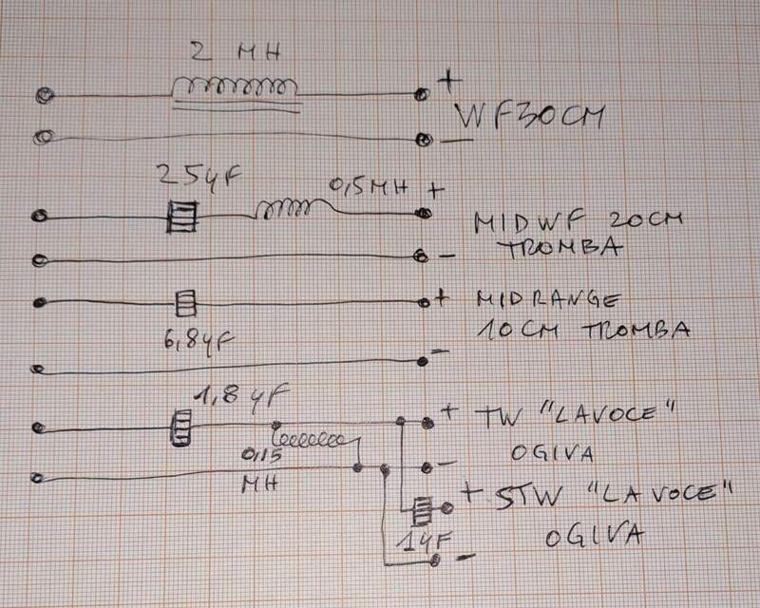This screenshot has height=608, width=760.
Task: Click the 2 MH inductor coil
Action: (237, 88)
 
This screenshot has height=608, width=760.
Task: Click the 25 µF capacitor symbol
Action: (181, 218)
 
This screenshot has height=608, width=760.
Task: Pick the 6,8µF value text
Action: (195, 337)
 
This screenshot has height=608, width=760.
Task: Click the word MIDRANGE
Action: (545, 301)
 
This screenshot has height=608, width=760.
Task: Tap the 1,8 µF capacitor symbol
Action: (179, 425)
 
